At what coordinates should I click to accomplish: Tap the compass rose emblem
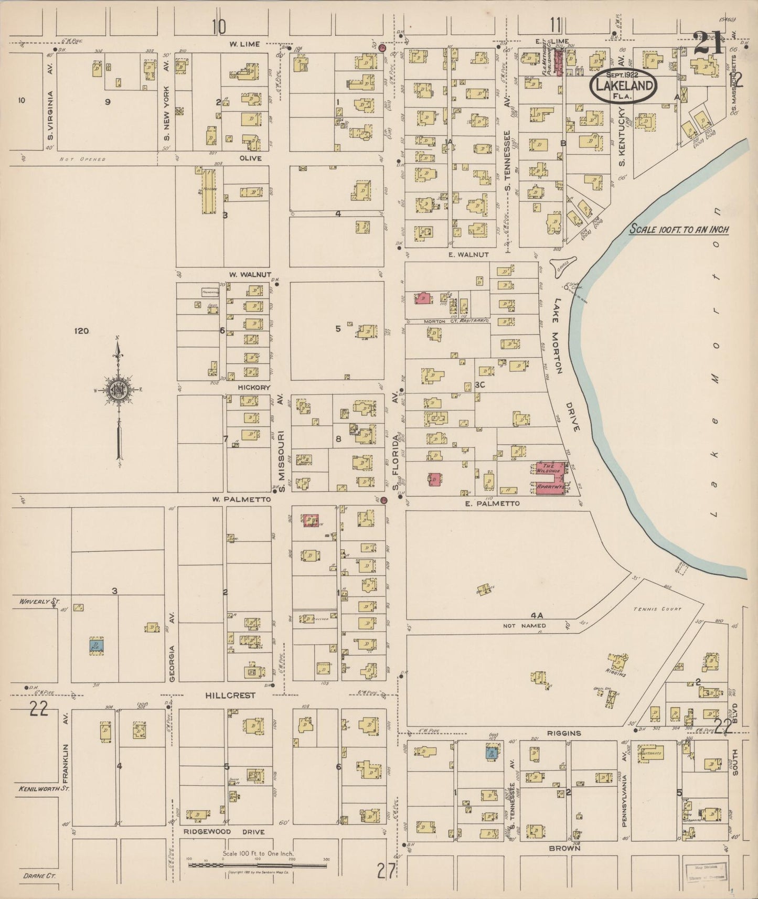pos(119,389)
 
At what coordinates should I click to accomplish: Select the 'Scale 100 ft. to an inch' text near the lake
pos(679,230)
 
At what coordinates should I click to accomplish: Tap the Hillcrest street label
pos(230,695)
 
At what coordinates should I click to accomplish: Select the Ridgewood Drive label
pos(224,832)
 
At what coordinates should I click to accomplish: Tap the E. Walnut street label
pos(468,254)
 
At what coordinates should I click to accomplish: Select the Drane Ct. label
pos(39,876)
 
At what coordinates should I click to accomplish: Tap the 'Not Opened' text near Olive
pos(82,159)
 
